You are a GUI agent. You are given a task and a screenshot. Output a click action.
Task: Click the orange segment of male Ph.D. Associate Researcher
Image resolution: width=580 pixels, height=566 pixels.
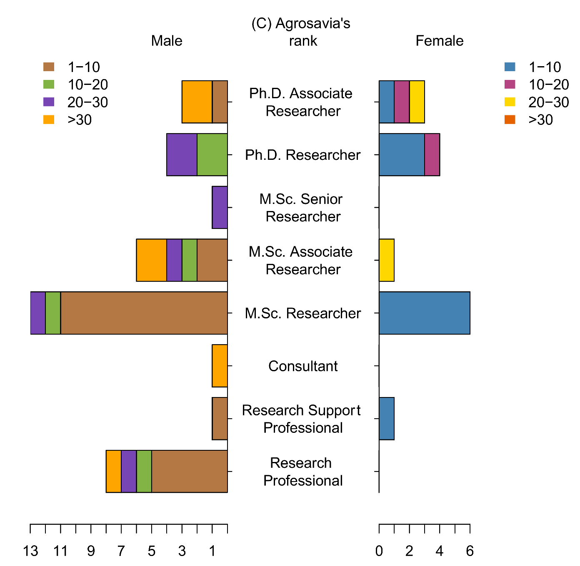pyautogui.click(x=197, y=102)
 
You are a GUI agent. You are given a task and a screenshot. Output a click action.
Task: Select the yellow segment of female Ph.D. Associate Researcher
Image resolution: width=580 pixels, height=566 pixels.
pyautogui.click(x=417, y=102)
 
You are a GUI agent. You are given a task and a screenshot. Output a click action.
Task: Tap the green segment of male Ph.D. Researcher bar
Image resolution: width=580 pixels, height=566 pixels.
pyautogui.click(x=212, y=155)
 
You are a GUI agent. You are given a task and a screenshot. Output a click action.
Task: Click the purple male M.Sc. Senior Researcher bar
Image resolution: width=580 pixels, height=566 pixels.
pyautogui.click(x=220, y=207)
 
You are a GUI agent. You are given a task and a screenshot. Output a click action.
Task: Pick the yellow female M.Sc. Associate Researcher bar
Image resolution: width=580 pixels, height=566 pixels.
pyautogui.click(x=386, y=260)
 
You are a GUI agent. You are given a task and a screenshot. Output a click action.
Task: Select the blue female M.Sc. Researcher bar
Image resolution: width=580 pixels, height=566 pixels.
pyautogui.click(x=424, y=313)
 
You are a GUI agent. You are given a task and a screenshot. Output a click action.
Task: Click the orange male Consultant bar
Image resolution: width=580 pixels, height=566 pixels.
pyautogui.click(x=220, y=366)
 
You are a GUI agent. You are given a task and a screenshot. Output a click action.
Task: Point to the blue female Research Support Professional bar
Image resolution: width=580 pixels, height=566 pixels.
pyautogui.click(x=386, y=418)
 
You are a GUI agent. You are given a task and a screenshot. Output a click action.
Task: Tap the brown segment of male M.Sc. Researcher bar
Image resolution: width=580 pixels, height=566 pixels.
pyautogui.click(x=144, y=313)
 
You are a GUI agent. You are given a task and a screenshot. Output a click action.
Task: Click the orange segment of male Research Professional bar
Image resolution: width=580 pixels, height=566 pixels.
pyautogui.click(x=113, y=471)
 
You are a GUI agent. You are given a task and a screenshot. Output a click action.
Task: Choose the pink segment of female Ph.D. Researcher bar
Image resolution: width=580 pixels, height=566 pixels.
pyautogui.click(x=432, y=155)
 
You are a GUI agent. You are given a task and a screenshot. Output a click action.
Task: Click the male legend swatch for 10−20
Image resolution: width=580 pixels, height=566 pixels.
pyautogui.click(x=49, y=84)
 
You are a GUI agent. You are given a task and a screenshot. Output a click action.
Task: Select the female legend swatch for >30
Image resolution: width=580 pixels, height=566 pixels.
pyautogui.click(x=510, y=120)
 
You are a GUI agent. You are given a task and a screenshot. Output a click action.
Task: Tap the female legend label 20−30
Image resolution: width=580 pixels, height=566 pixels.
pyautogui.click(x=548, y=102)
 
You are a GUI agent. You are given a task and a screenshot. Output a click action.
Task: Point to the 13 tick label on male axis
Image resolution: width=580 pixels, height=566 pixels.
pyautogui.click(x=30, y=551)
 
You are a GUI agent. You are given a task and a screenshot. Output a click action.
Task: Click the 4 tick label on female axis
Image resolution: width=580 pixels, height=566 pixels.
pyautogui.click(x=440, y=551)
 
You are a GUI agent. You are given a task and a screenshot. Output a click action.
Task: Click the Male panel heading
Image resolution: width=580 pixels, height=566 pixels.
pyautogui.click(x=167, y=41)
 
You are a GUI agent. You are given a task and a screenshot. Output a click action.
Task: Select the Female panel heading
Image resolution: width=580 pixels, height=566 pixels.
pyautogui.click(x=440, y=41)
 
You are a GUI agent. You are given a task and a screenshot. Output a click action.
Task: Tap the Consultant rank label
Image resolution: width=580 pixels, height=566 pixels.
pyautogui.click(x=303, y=366)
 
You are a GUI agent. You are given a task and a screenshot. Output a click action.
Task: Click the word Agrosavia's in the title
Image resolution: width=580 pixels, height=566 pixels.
pyautogui.click(x=313, y=24)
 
